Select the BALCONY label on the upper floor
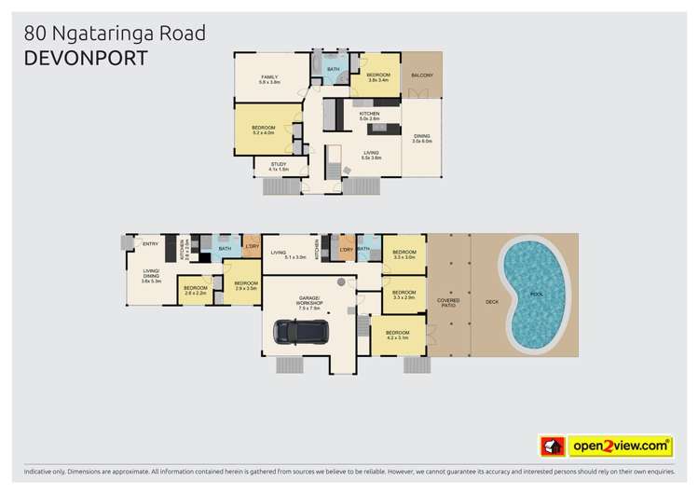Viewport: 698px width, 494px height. tap(421, 75)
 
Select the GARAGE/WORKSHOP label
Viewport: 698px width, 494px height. tap(306, 302)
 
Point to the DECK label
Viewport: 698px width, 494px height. tap(491, 302)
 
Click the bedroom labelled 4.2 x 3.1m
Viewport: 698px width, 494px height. tap(398, 335)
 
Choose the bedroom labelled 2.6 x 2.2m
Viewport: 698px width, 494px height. tap(195, 290)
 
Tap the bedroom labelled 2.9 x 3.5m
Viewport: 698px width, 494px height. tap(246, 285)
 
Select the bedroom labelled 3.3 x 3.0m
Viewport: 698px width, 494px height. tap(404, 254)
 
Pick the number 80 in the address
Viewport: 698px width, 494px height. tap(31, 34)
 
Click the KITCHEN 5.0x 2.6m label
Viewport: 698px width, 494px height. tap(368, 116)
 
